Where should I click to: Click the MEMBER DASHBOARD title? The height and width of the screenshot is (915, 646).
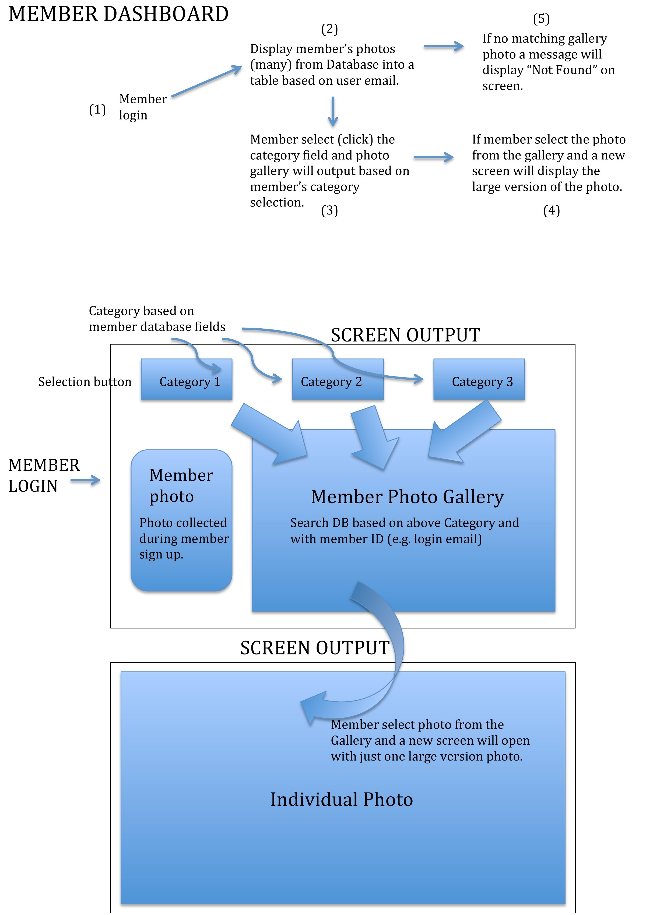pyautogui.click(x=118, y=14)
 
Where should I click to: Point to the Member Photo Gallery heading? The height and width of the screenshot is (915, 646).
pyautogui.click(x=407, y=497)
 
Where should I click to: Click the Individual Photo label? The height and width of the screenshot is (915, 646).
pyautogui.click(x=342, y=800)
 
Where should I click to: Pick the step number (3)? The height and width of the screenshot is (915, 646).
pyautogui.click(x=329, y=210)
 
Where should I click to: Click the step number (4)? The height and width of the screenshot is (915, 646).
pyautogui.click(x=552, y=210)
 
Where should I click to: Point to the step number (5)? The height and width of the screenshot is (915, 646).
pyautogui.click(x=541, y=19)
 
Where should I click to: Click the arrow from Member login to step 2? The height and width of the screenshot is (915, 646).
pyautogui.click(x=206, y=82)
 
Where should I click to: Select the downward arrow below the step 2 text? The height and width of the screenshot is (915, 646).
pyautogui.click(x=333, y=112)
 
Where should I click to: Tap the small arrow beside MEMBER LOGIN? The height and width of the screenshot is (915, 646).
pyautogui.click(x=86, y=480)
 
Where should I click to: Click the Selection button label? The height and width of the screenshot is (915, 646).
pyautogui.click(x=85, y=382)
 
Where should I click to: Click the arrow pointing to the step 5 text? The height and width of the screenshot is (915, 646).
pyautogui.click(x=444, y=46)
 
